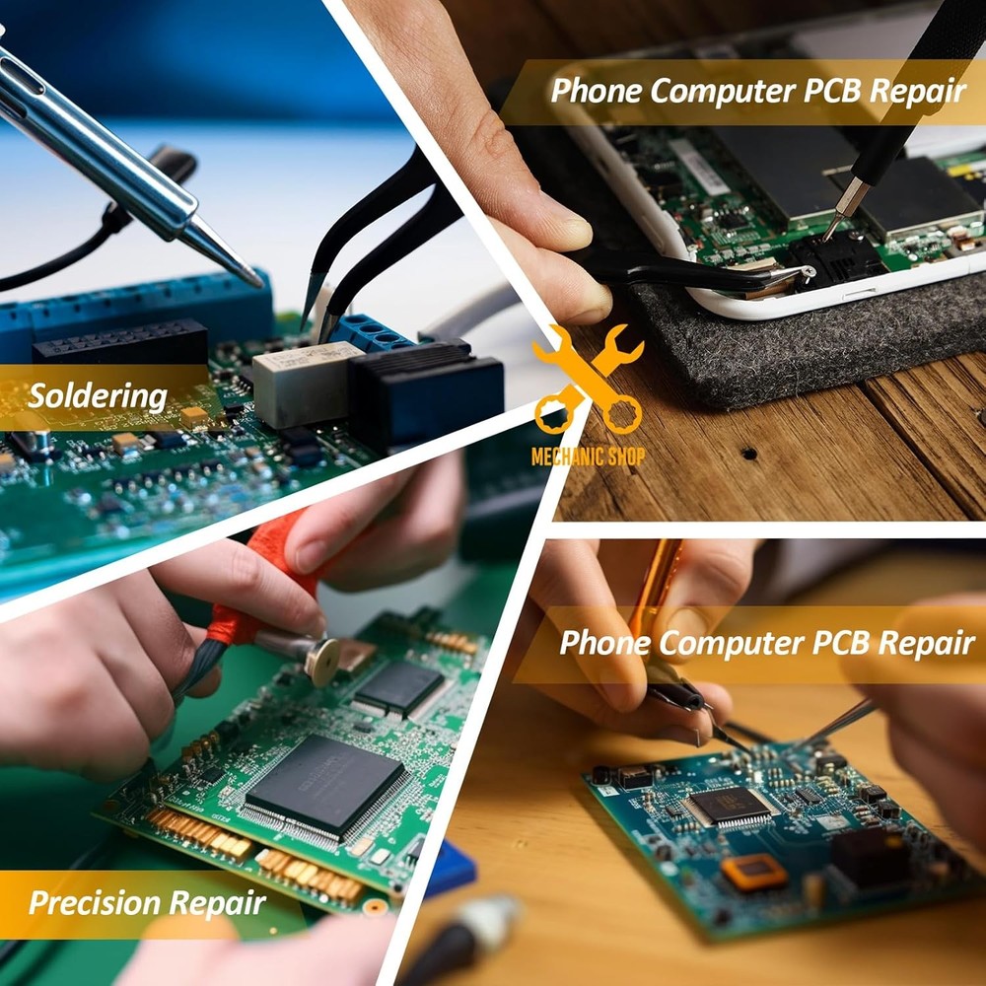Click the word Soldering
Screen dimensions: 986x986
97,396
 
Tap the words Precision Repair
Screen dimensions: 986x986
147,902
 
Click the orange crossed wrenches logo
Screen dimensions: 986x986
589,380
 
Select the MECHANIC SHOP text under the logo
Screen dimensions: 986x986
588,457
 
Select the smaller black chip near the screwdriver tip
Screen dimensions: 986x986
399,687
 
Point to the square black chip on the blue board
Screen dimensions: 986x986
731,806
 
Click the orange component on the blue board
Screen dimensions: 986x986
754,871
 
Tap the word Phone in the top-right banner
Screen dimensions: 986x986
596,91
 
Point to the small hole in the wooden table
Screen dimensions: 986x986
748,454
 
